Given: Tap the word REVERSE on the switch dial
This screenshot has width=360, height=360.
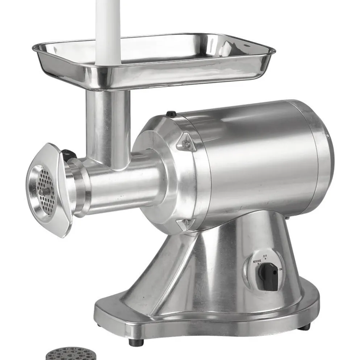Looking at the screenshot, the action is click(257, 261).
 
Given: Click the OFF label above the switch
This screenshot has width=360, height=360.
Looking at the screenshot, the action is click(265, 255).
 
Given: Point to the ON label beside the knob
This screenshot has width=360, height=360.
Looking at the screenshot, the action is click(281, 270).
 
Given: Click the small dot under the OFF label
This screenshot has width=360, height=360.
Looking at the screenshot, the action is click(265, 259).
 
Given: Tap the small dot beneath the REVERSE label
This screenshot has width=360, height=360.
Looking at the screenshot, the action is click(258, 264).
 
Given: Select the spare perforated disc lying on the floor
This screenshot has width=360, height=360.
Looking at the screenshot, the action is click(71, 355).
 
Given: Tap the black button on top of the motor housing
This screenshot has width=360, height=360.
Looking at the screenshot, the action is click(171, 113).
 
